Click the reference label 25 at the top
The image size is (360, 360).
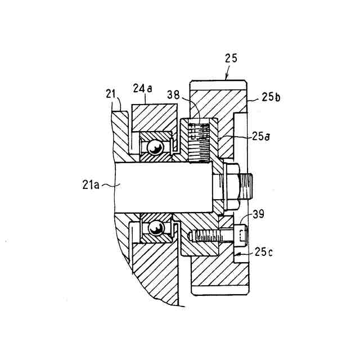pyautogui.click(x=231, y=58)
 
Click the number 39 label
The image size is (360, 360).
pyautogui.click(x=258, y=214)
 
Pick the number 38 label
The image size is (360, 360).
pyautogui.click(x=173, y=96)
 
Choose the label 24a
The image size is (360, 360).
pyautogui.click(x=142, y=88)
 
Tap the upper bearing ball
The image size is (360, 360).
pyautogui.click(x=154, y=147)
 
